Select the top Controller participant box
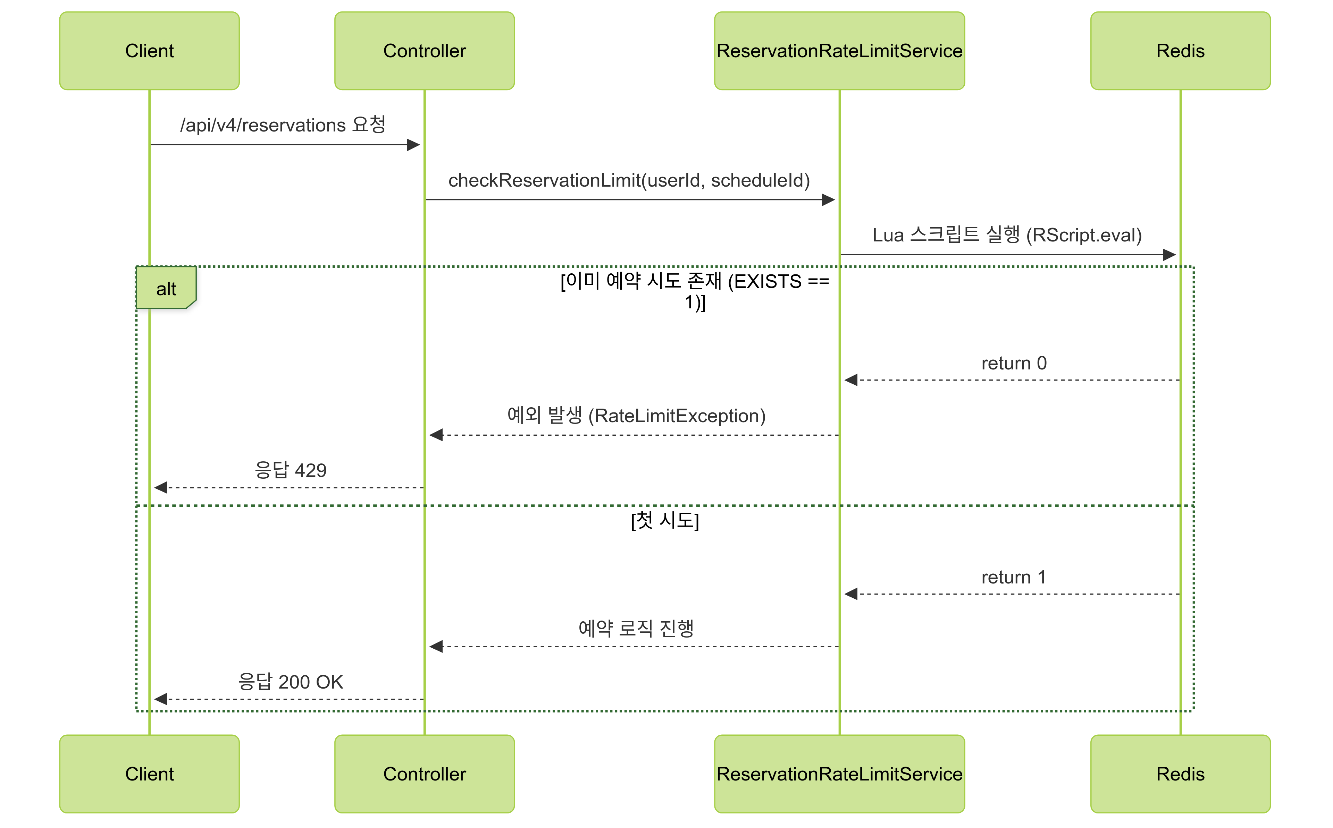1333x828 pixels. click(424, 51)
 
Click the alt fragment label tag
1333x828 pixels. click(166, 288)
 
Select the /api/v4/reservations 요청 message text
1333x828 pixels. click(283, 125)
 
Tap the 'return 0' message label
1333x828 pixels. click(1014, 363)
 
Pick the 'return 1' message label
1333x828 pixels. click(1014, 577)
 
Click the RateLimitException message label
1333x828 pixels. click(636, 416)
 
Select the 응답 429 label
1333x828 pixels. click(290, 470)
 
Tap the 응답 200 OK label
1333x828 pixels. click(290, 682)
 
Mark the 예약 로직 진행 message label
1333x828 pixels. click(636, 628)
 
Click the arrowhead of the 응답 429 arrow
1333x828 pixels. click(160, 487)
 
